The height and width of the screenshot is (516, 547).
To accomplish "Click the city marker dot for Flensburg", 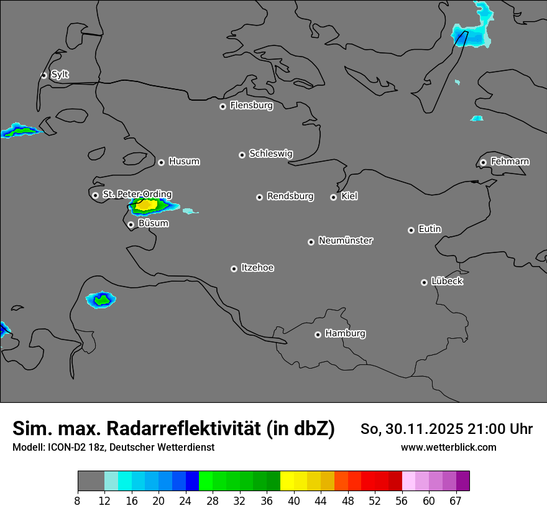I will (223, 106).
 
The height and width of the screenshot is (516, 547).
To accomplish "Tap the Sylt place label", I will (60, 75).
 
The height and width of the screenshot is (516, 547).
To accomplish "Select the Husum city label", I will (184, 162).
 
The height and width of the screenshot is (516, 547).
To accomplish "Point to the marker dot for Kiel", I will (333, 197).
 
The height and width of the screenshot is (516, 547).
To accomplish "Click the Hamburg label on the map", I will (345, 334).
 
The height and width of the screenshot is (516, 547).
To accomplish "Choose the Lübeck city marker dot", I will (424, 282).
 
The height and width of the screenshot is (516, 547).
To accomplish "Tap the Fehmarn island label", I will (510, 162).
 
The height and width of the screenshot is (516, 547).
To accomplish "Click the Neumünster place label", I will (346, 241).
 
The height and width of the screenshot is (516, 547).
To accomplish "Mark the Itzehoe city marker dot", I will (234, 269).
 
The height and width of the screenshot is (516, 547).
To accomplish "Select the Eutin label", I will (430, 229).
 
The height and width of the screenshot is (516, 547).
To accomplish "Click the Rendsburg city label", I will (290, 196).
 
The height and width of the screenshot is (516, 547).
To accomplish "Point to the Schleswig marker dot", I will (242, 155).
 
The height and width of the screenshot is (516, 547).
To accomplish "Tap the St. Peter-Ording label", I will (137, 195).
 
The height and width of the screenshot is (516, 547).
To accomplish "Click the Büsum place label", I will (153, 223).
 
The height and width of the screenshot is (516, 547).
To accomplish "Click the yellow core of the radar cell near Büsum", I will (146, 204).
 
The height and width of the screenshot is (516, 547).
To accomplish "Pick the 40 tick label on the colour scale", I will (294, 501).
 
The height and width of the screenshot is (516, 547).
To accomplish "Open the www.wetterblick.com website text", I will (448, 447).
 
